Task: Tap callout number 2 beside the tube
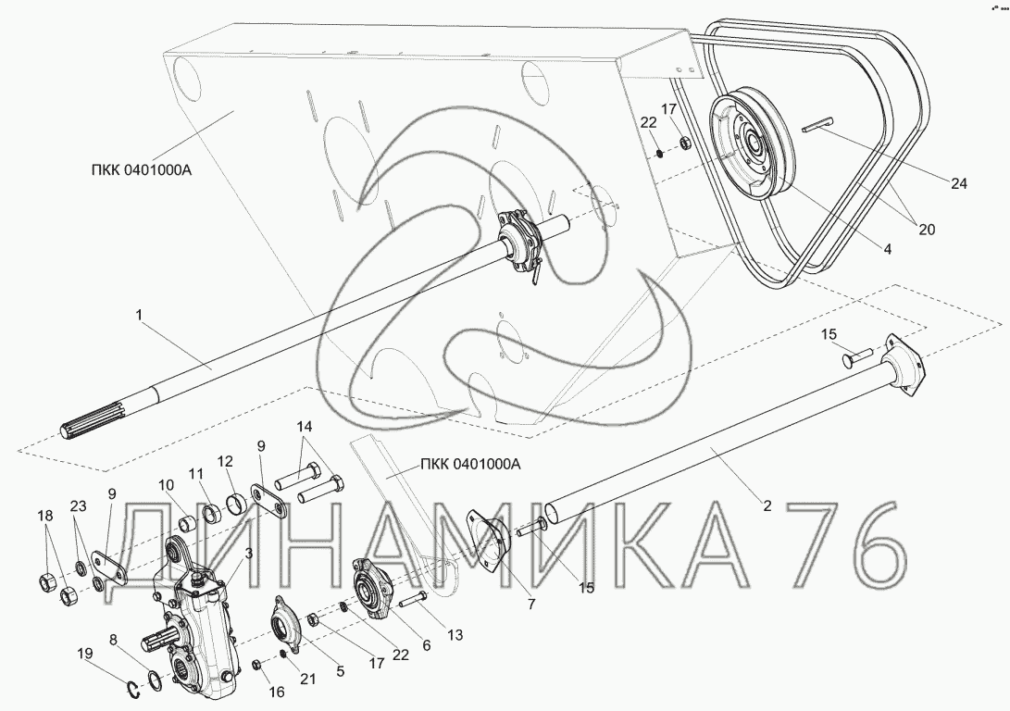tap(767, 505)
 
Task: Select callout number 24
tap(958, 183)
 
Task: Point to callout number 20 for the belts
tap(927, 230)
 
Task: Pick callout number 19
tap(84, 654)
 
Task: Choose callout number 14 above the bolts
tap(304, 427)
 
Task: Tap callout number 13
tap(455, 636)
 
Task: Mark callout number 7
tap(530, 605)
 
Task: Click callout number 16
tap(276, 692)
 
